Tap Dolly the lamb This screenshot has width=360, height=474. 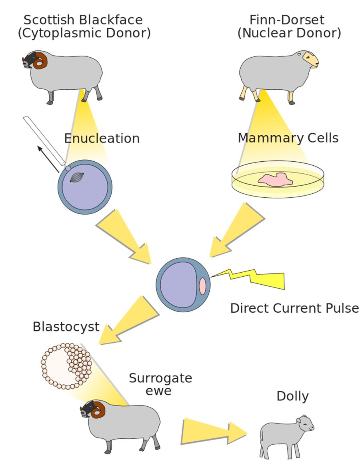pos(284,436)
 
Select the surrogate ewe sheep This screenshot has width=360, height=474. pos(124,424)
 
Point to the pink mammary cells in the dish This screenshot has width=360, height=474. pos(276,179)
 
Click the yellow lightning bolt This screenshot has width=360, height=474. pos(256,278)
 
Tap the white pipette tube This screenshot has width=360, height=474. pos(44,140)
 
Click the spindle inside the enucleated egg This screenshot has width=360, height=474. pos(77,177)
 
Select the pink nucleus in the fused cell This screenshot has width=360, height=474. pos(202,286)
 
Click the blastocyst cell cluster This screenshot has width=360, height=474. pos(66,366)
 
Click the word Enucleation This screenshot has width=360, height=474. pos(102,139)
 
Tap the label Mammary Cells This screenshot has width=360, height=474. pos(288,138)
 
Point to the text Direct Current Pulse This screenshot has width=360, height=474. pos(294,308)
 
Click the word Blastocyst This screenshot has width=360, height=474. pos(66,327)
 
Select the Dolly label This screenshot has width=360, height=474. pos(292,396)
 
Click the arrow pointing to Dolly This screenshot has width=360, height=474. pos(212,432)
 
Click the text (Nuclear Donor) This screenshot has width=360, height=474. pos(289,33)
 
